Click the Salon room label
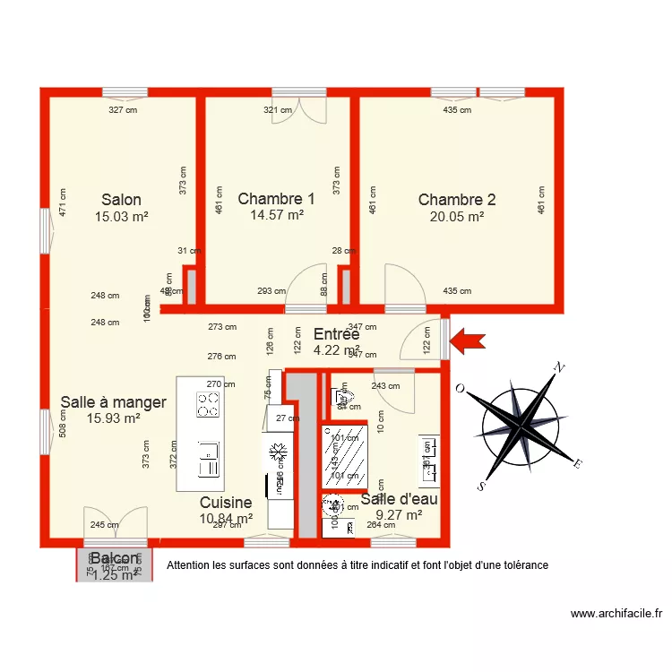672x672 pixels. coord(121,200)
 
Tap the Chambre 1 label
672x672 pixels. coord(276,200)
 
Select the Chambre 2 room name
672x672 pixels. coord(457,200)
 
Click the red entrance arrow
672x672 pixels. coord(468,340)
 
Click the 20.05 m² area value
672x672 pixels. coord(457,216)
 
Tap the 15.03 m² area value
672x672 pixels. coord(121,216)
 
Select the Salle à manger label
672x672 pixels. coord(113,402)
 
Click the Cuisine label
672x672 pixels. coord(226,503)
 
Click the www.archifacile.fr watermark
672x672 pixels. coord(616,614)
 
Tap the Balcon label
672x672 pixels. coord(114,559)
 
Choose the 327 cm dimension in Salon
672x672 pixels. coord(124,111)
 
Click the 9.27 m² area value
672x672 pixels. coord(400,515)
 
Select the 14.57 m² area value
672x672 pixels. coord(276,216)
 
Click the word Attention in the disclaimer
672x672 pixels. coord(192,565)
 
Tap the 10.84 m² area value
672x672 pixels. coord(226,518)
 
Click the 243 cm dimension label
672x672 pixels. coord(385,386)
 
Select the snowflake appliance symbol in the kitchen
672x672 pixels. coord(278,449)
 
